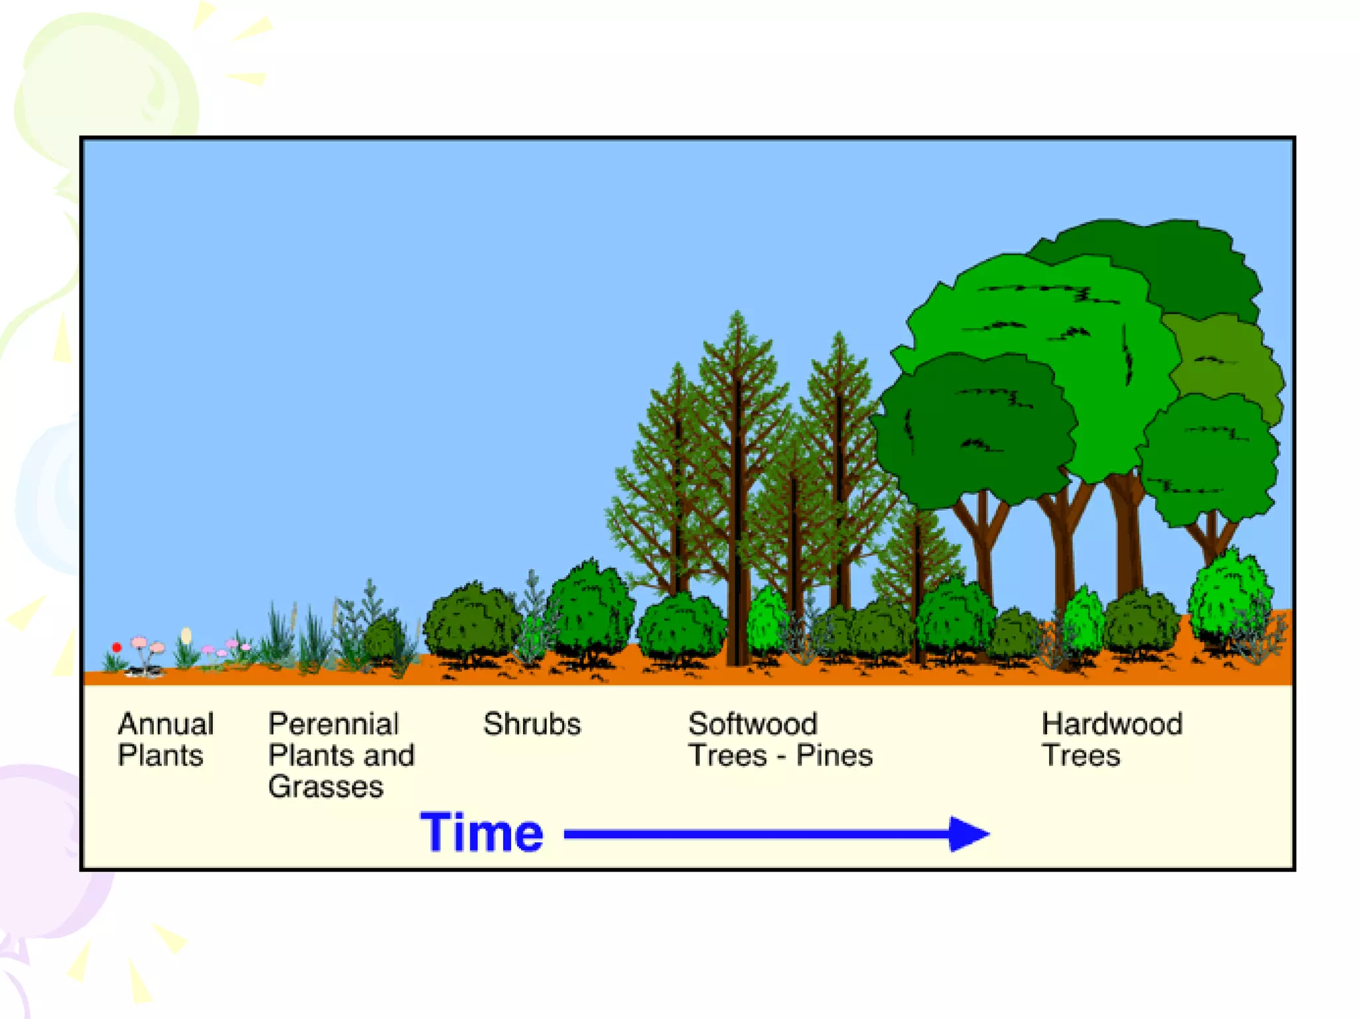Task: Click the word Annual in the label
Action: [166, 724]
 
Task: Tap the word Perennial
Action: [333, 724]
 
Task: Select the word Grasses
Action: [326, 787]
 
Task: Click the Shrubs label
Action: [532, 724]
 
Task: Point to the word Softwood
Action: [752, 724]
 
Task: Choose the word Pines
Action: [834, 756]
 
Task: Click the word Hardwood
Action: [1112, 724]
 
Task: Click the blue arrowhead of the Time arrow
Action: [969, 834]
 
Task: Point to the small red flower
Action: [117, 647]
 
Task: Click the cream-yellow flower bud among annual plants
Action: [186, 636]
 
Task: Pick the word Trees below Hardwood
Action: [1081, 756]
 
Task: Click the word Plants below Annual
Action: [161, 756]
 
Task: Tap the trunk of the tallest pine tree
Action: [738, 531]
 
